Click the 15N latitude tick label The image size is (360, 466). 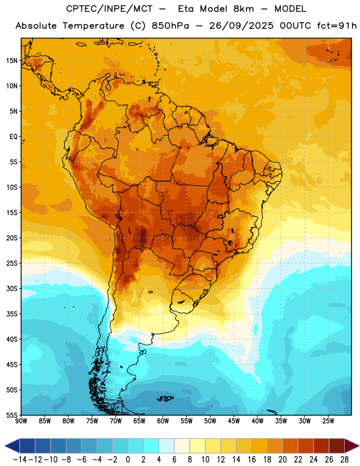coord(12,61)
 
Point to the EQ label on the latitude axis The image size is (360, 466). coord(13,137)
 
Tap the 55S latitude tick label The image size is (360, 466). coord(12,415)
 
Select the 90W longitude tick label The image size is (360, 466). coord(21,421)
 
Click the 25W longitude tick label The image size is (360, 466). coord(328,421)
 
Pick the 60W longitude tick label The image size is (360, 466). coord(163,421)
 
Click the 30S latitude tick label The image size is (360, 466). coord(12,288)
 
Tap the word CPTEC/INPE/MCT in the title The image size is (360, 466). coord(110,9)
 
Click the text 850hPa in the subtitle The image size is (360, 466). coord(170,26)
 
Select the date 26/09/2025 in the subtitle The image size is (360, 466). coord(241,26)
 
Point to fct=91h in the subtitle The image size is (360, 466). coord(337,26)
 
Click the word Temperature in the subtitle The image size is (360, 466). coord(93,26)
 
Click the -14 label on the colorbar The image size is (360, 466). coord(20,460)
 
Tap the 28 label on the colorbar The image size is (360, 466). coord(344,460)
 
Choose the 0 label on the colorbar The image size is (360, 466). coord(128,460)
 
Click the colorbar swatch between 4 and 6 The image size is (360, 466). coord(167,446)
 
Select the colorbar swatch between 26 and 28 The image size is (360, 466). coord(337,446)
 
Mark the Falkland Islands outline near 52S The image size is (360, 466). coord(165,398)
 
